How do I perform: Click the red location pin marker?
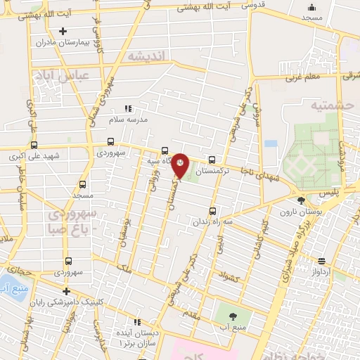(181, 165)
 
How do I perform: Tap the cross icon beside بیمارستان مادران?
(63, 31)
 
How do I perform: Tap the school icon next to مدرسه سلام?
(127, 108)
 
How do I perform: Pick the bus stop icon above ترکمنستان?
(212, 160)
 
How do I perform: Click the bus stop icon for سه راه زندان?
(212, 210)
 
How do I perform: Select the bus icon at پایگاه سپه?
(164, 150)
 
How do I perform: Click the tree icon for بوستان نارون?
(301, 200)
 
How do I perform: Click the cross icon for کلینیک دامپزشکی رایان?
(65, 291)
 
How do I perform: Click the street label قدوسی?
(257, 6)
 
